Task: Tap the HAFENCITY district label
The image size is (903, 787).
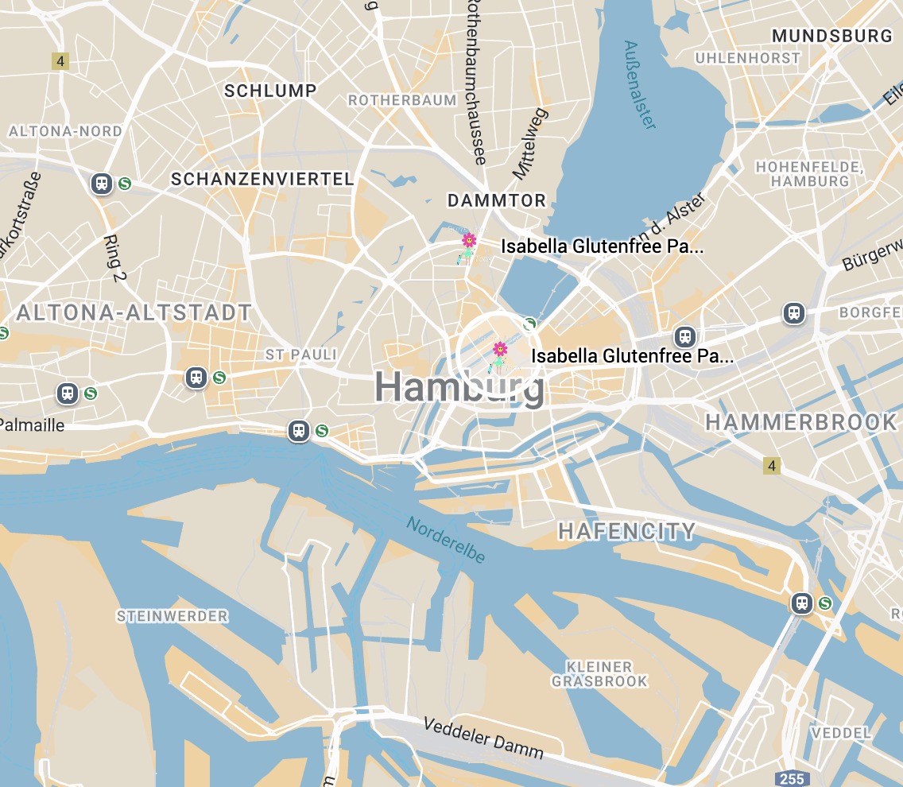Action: tap(626, 532)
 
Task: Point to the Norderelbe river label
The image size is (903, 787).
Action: tap(446, 541)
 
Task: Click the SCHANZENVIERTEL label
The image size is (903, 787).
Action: tap(262, 180)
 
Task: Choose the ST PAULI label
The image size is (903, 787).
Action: tap(301, 355)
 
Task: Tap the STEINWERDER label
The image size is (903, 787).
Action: tap(172, 616)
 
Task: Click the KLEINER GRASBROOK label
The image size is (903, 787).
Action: tap(600, 674)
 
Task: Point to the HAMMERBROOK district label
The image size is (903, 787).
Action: tap(801, 422)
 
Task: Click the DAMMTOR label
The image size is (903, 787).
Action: tap(497, 200)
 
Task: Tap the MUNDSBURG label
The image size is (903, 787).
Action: tap(832, 36)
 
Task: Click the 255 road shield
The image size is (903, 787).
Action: tap(792, 778)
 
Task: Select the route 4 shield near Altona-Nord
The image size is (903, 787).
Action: tap(59, 60)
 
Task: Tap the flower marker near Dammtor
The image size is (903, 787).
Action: tap(469, 240)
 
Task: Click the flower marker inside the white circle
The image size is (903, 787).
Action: tap(500, 349)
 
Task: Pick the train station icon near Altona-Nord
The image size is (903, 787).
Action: tap(102, 184)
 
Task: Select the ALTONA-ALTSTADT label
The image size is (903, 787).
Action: tap(134, 312)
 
